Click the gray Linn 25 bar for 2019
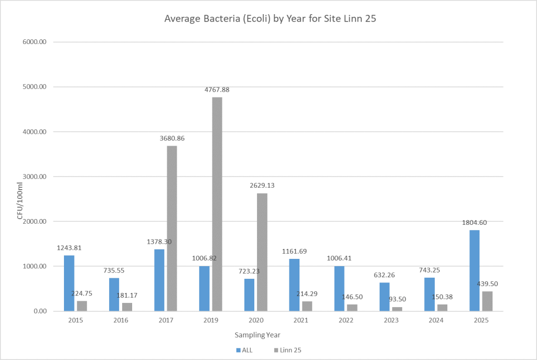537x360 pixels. coord(217,204)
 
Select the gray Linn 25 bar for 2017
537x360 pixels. coord(172,228)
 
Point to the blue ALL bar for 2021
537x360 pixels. coord(294,285)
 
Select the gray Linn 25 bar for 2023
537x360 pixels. coord(397,309)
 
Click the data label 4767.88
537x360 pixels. coord(217,90)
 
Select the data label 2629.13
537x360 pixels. coord(262,186)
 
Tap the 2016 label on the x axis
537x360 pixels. coord(120,320)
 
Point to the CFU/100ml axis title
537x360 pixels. coord(20,200)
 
